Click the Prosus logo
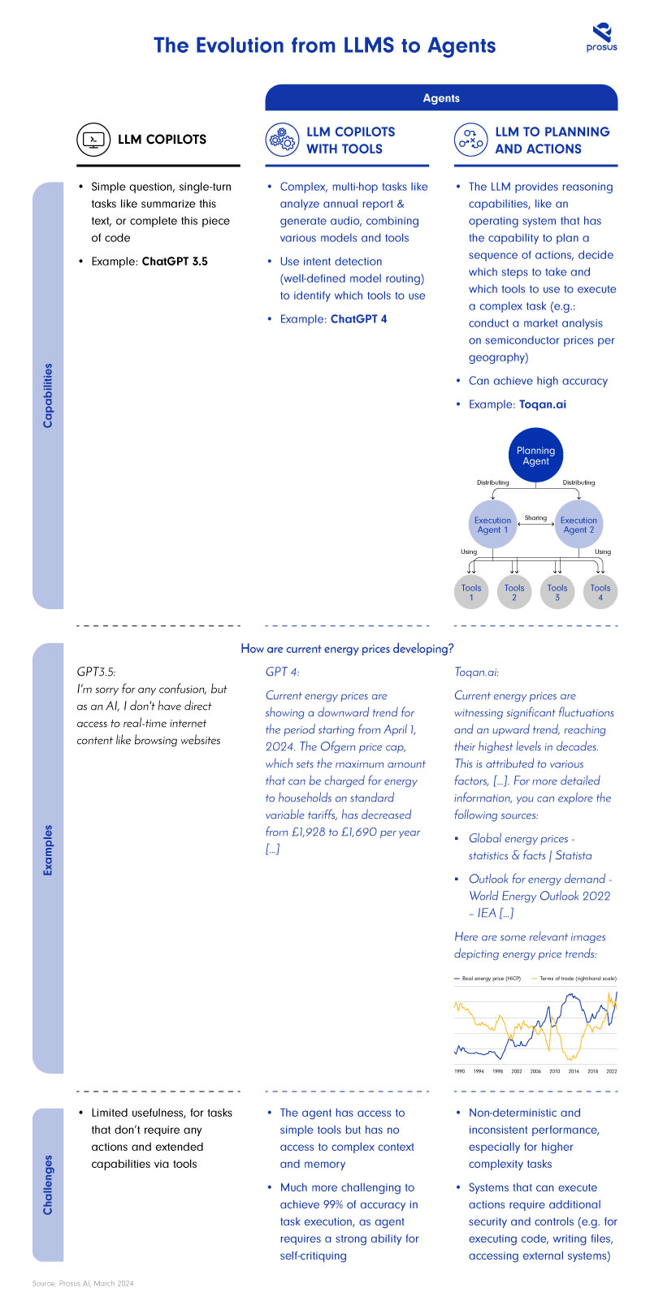(601, 37)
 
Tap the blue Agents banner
(441, 97)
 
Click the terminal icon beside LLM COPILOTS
(93, 140)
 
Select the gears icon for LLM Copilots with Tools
(282, 140)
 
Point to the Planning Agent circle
(535, 456)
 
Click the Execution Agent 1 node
(492, 525)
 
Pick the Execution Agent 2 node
(578, 525)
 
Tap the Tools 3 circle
(557, 592)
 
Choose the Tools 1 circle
(471, 592)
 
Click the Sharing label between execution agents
(535, 517)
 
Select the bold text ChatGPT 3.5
(175, 262)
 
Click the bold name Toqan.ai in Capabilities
(543, 404)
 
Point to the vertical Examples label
(48, 850)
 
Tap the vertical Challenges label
(48, 1184)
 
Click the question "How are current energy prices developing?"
(347, 649)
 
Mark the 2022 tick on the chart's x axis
(612, 1071)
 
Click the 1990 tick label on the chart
(460, 1071)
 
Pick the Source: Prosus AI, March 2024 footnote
(83, 1283)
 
